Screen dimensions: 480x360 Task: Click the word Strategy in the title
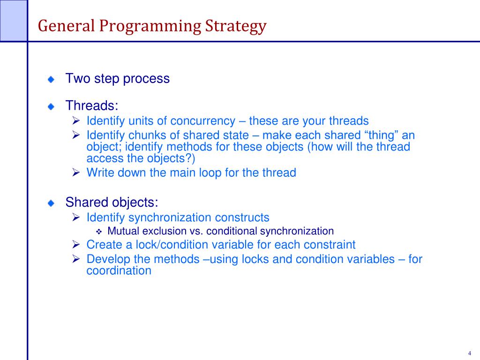[236, 27]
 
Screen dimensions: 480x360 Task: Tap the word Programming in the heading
[150, 27]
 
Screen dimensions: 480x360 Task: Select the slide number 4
[470, 353]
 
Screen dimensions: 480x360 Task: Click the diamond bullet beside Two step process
[51, 80]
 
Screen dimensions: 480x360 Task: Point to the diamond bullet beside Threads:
[51, 106]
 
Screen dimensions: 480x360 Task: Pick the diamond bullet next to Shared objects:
[51, 203]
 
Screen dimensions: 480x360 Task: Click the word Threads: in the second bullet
[92, 105]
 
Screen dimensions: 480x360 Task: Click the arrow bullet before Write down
[76, 172]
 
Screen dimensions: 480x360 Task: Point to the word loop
[210, 173]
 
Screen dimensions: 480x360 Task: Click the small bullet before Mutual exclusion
[99, 232]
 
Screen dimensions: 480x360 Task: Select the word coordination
[119, 270]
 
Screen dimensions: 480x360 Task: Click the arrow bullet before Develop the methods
[76, 259]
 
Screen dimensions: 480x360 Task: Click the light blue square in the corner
[14, 20]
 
